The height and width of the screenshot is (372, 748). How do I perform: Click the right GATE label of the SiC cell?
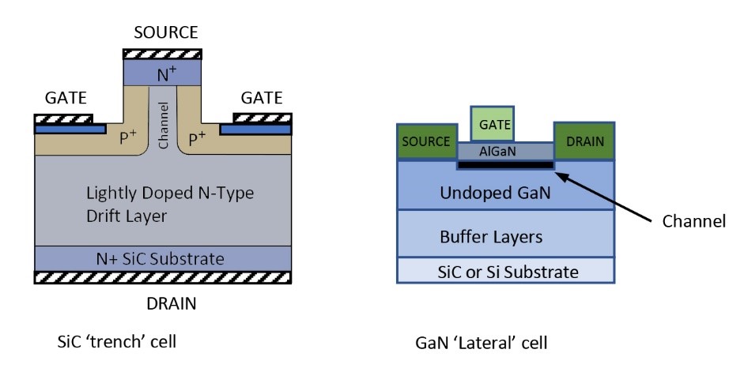pos(261,100)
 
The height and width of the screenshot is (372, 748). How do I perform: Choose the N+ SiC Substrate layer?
pos(165,258)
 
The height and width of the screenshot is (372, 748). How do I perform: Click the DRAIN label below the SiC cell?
pos(165,303)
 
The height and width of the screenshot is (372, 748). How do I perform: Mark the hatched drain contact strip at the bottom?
pos(165,277)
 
